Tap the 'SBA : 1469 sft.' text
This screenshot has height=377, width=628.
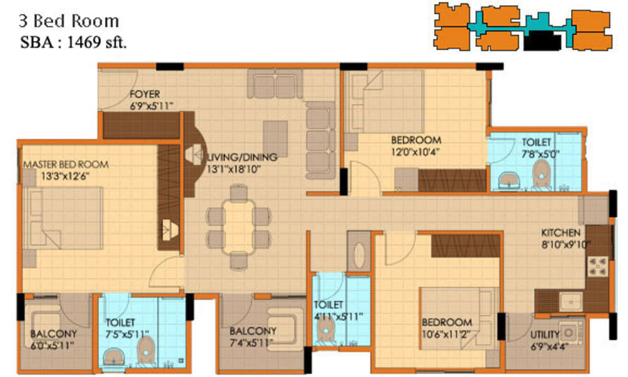coord(75,42)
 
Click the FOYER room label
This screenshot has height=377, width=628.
coord(144,95)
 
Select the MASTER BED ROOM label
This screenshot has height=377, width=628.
coord(65,164)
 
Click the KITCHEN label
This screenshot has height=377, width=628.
coord(561,232)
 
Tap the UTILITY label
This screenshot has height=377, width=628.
coord(544,334)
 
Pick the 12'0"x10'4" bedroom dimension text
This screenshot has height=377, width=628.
coord(415,151)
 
